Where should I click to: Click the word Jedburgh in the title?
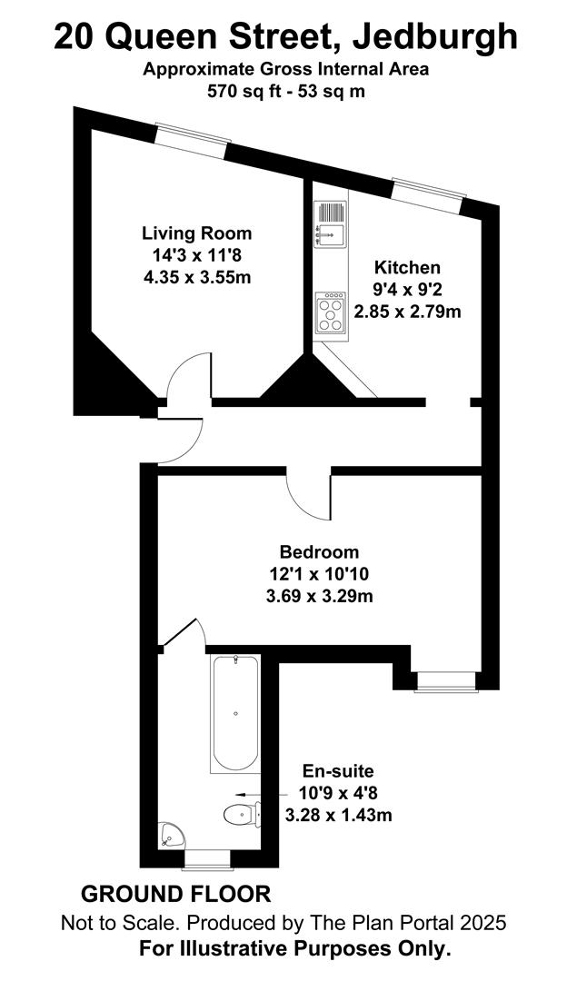(x=435, y=37)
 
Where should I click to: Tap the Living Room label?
(x=197, y=233)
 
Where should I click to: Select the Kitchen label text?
(x=407, y=267)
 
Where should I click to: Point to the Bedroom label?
(x=319, y=552)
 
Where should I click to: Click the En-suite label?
(x=338, y=771)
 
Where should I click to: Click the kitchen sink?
(x=330, y=223)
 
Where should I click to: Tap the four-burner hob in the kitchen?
(x=331, y=312)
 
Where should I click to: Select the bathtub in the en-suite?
(x=234, y=713)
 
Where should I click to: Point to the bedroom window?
(x=445, y=682)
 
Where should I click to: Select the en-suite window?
(x=207, y=859)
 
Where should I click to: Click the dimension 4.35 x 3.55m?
(x=197, y=277)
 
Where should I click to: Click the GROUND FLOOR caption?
(x=176, y=894)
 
